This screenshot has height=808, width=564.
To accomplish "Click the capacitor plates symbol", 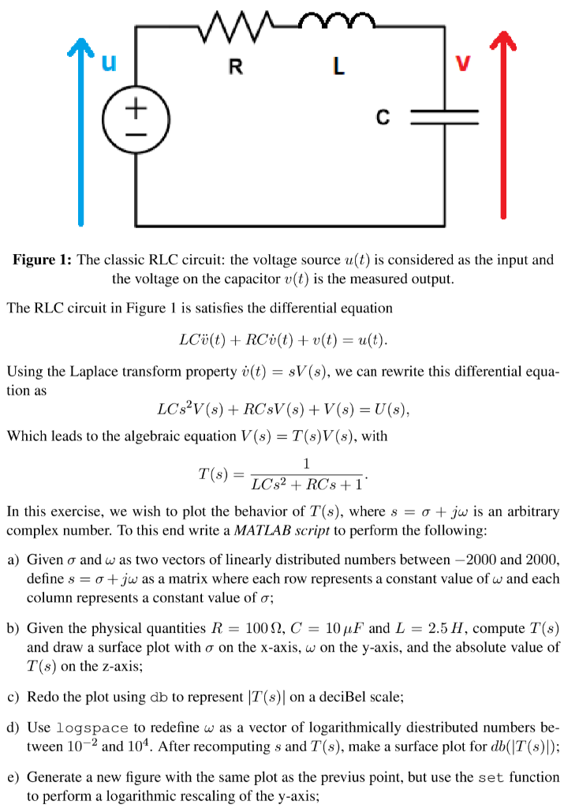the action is (x=445, y=118).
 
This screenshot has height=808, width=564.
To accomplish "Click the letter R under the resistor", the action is (x=235, y=68).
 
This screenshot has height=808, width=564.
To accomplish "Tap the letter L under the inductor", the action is (x=338, y=68).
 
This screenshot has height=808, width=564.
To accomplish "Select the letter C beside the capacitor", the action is (x=383, y=118).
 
